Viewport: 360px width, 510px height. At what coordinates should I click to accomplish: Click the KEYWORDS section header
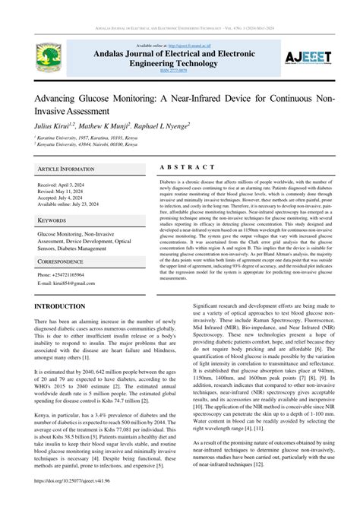53,220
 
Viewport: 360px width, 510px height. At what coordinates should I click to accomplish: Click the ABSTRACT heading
190,168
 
